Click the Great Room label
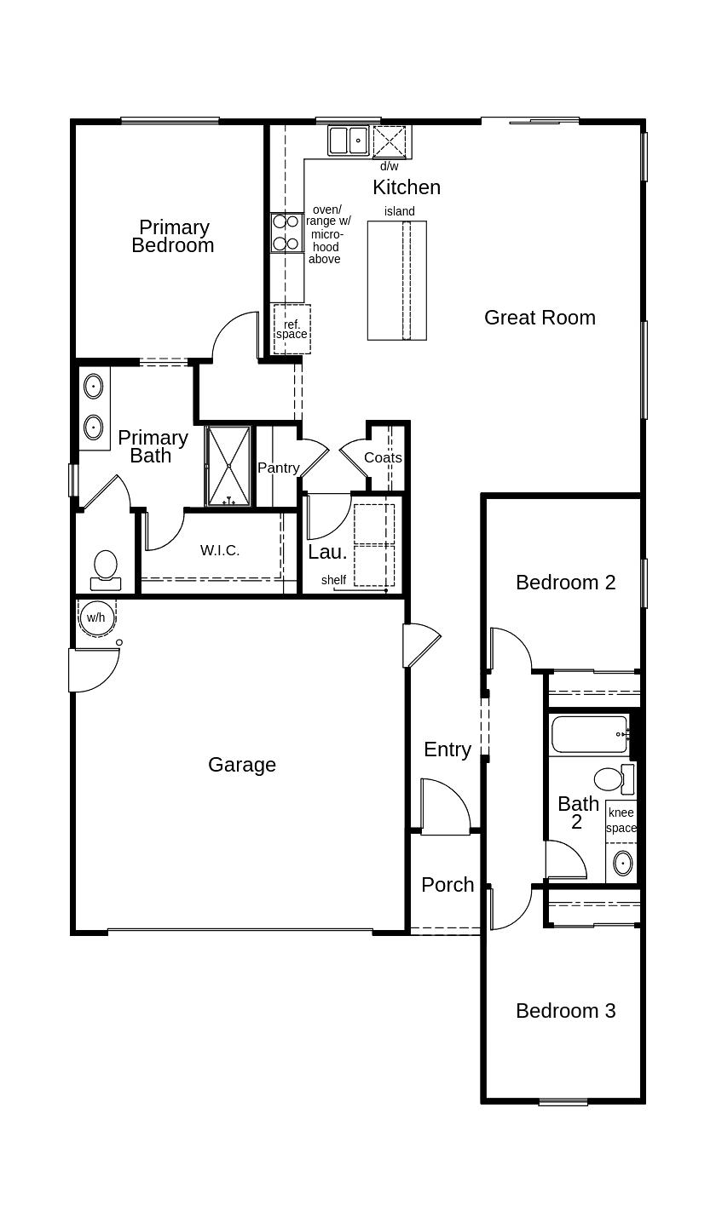tap(540, 318)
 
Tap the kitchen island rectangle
tap(397, 280)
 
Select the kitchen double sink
tap(349, 141)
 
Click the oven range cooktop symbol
tap(286, 233)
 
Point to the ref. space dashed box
tap(292, 329)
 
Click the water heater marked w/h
tap(95, 617)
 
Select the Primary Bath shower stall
tap(228, 466)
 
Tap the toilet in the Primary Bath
tap(106, 569)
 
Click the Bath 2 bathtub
tap(589, 734)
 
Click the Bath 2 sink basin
tap(623, 863)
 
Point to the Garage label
tap(242, 765)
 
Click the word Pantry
tap(279, 468)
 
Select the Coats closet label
tap(383, 457)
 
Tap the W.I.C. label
tap(220, 550)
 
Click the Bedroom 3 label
tap(565, 1011)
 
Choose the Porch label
tap(447, 885)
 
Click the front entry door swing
tap(446, 805)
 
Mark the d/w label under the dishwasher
tap(389, 166)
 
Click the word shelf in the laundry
tap(333, 580)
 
